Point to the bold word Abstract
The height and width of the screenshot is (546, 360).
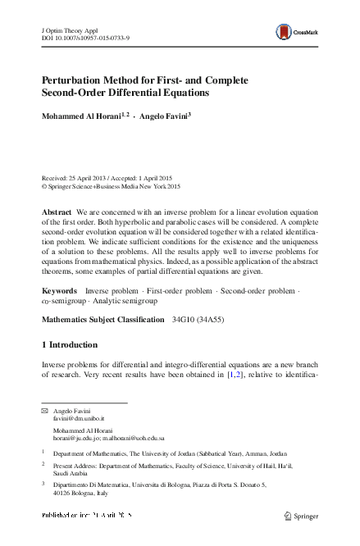click(57, 212)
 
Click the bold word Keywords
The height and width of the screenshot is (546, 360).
click(60, 291)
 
